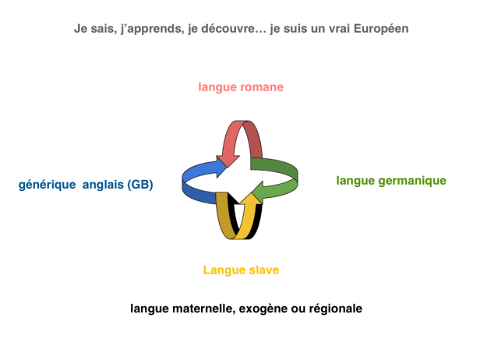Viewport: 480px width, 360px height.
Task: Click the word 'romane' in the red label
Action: click(x=262, y=86)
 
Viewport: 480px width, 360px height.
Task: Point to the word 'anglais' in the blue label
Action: click(x=104, y=185)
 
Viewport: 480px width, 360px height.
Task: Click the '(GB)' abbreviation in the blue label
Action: click(x=141, y=185)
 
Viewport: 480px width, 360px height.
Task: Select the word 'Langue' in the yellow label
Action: click(x=223, y=270)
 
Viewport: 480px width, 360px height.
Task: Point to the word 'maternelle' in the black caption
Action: click(x=202, y=309)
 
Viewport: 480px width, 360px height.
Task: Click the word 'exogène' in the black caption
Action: click(x=261, y=309)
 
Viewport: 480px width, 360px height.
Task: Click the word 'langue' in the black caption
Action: click(x=150, y=309)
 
